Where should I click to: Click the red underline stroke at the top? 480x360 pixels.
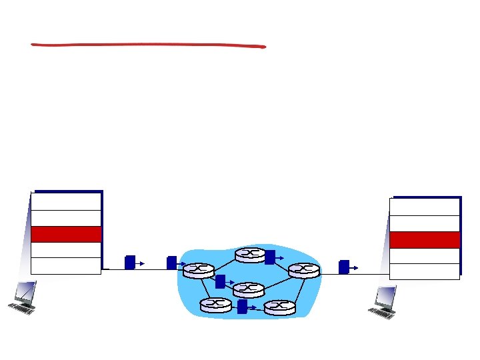click(x=148, y=46)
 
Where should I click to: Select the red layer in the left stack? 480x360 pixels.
click(x=66, y=234)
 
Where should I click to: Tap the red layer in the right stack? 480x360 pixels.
click(x=425, y=240)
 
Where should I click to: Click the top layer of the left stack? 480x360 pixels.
click(x=66, y=201)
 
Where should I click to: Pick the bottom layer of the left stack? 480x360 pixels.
click(x=66, y=266)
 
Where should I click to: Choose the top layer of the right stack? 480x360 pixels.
click(x=425, y=207)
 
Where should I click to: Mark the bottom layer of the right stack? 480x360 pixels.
click(x=425, y=271)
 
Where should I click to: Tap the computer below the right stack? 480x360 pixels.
click(x=385, y=302)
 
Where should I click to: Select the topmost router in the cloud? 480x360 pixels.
click(x=250, y=255)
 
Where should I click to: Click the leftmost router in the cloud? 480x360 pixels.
click(x=199, y=269)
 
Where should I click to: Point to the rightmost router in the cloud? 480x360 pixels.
click(x=304, y=269)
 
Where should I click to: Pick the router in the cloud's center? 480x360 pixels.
click(x=249, y=289)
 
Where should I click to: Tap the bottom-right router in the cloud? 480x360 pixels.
click(x=279, y=307)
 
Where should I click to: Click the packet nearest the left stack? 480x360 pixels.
click(x=130, y=262)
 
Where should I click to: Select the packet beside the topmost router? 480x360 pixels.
click(x=269, y=257)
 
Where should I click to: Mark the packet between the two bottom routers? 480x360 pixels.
click(x=242, y=306)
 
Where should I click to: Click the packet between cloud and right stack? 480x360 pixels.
click(x=344, y=267)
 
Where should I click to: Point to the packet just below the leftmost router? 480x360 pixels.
click(x=220, y=281)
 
